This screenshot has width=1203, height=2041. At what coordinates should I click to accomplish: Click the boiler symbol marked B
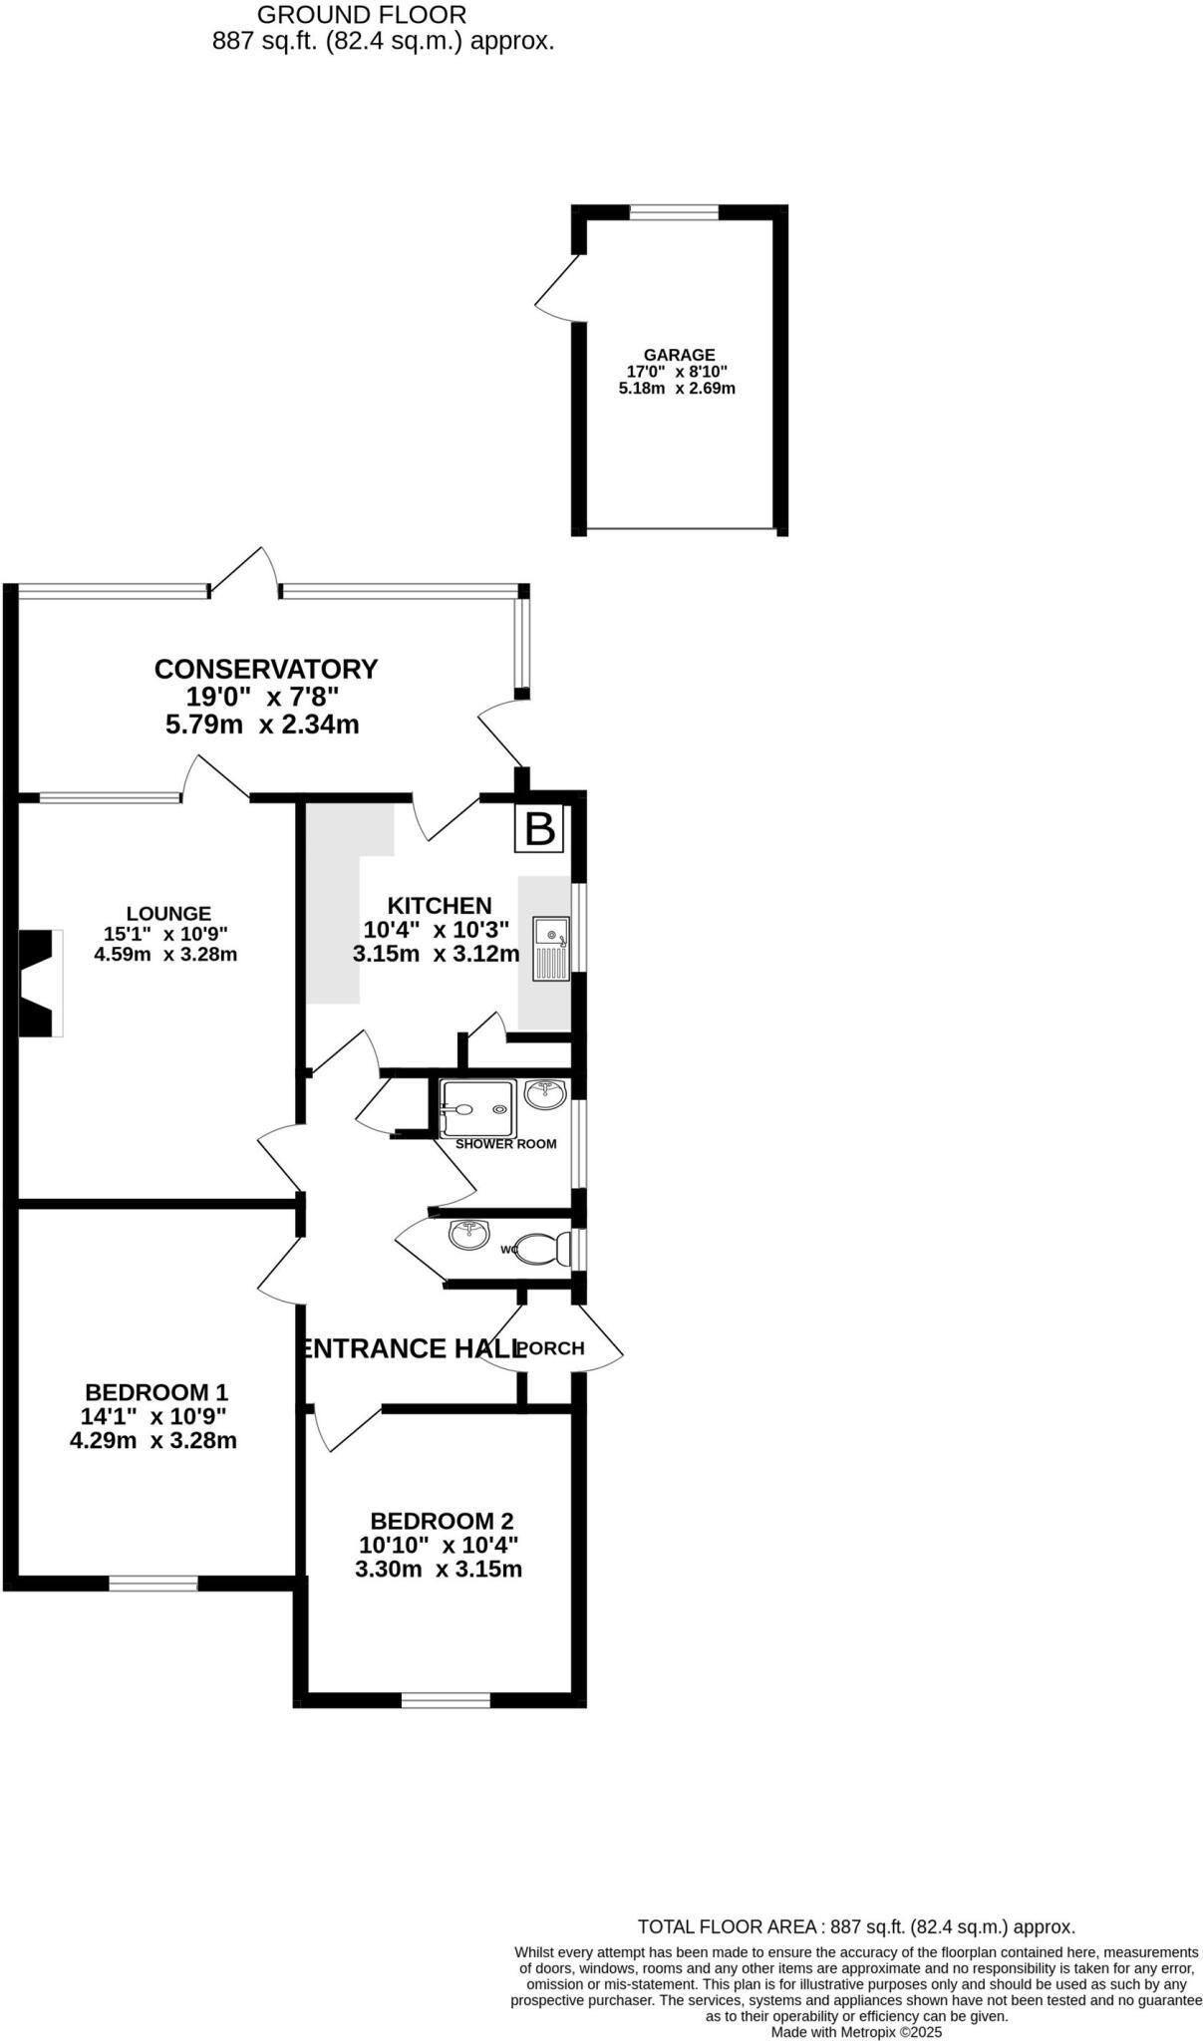coord(539,828)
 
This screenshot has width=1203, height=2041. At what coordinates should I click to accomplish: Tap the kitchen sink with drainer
coord(551,948)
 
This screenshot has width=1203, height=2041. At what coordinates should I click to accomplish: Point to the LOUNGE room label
coord(168,913)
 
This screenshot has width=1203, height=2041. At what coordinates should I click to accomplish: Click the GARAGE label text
coord(679,355)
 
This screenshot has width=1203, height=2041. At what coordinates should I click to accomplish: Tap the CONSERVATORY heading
coord(266,668)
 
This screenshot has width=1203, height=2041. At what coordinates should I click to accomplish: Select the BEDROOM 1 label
coord(156,1392)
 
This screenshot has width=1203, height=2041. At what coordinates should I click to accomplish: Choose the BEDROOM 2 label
coord(442,1521)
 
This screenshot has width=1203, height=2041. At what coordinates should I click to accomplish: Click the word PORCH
coord(551,1348)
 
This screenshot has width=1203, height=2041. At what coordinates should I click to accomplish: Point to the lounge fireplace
coord(40,983)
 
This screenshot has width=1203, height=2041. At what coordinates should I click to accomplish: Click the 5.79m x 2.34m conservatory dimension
coord(262,725)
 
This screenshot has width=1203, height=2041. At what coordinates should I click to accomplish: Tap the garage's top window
coord(674,211)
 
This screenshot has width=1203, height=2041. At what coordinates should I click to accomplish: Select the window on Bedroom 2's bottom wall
coord(446,1699)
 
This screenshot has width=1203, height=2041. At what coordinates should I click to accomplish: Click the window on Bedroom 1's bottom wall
coord(153,1584)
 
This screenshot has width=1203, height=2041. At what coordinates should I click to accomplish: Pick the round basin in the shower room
coord(545,1094)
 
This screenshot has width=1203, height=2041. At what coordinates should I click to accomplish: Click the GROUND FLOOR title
coord(362,15)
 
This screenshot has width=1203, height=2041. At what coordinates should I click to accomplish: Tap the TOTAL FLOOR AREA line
coord(856,1927)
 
